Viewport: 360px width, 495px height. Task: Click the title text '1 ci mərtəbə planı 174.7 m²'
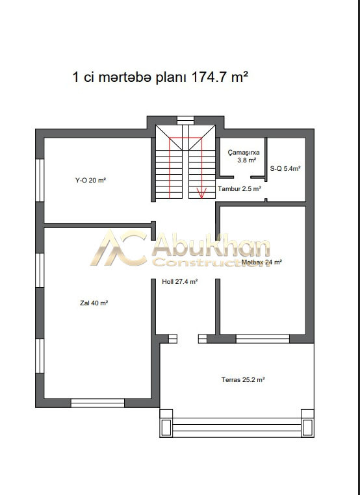(x=160, y=77)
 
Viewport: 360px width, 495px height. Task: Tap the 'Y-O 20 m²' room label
(x=90, y=181)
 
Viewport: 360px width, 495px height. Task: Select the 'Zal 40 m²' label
(x=94, y=303)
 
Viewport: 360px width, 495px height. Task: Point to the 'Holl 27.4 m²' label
(x=180, y=281)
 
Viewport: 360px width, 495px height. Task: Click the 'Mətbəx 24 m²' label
(x=261, y=262)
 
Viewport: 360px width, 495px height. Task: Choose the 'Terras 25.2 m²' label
(x=243, y=380)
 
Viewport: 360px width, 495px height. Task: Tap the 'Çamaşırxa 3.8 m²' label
(x=244, y=157)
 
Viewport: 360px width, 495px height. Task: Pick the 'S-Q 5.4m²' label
(x=285, y=169)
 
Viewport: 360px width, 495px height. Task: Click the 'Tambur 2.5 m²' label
(x=239, y=189)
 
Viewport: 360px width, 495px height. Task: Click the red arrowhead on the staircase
(x=201, y=193)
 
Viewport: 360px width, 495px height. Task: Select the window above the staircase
(x=185, y=120)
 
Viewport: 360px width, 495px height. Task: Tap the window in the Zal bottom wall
(x=98, y=403)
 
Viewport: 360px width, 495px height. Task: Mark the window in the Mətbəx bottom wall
(x=263, y=338)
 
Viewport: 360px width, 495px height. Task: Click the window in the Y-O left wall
(x=40, y=180)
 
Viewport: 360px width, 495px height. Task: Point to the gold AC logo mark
(x=119, y=247)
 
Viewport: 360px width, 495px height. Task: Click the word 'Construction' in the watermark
(x=211, y=262)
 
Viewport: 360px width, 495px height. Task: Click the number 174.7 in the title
(x=208, y=77)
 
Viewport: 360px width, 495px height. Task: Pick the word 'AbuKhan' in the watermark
(x=211, y=246)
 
